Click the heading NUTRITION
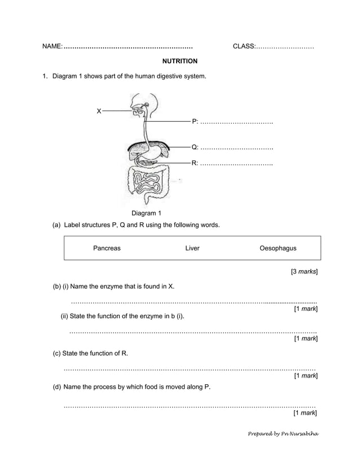(179, 61)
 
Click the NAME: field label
(52, 46)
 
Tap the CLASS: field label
(244, 46)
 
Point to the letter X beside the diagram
(99, 112)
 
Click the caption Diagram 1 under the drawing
(146, 213)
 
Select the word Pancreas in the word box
(107, 248)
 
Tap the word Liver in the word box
(192, 248)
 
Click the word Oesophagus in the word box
(278, 248)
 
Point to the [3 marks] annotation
(304, 272)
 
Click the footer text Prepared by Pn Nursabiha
(284, 434)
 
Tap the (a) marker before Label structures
(56, 225)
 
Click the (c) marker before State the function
(56, 354)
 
